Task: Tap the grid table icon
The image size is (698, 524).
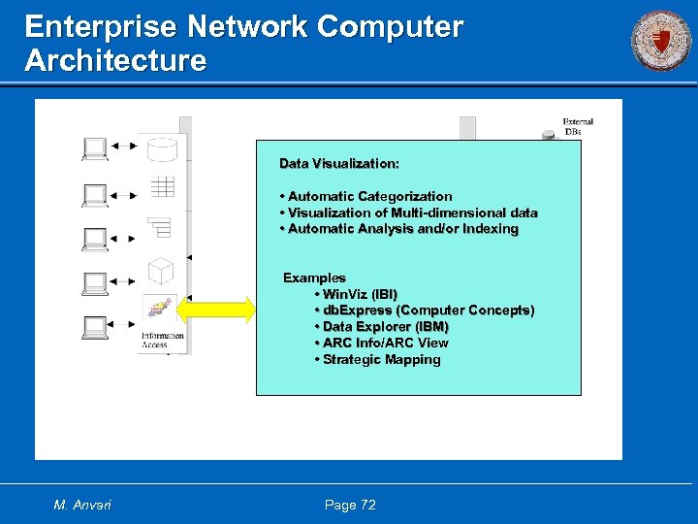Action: click(161, 186)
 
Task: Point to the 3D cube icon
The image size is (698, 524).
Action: click(160, 270)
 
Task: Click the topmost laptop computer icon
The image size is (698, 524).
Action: click(95, 147)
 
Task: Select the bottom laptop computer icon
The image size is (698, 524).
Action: click(95, 327)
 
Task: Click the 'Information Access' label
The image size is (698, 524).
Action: click(161, 340)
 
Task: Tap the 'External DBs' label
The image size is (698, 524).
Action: click(577, 126)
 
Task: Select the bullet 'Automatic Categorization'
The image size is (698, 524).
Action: click(368, 196)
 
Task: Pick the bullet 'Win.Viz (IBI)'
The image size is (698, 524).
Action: click(359, 293)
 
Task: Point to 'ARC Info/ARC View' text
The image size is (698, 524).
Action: click(385, 343)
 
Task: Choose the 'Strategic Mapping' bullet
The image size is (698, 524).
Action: click(381, 359)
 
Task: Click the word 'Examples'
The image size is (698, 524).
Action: click(314, 278)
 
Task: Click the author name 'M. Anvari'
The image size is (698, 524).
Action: click(82, 505)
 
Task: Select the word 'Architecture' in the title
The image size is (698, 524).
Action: click(115, 61)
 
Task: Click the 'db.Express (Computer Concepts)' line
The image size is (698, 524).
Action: click(428, 310)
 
